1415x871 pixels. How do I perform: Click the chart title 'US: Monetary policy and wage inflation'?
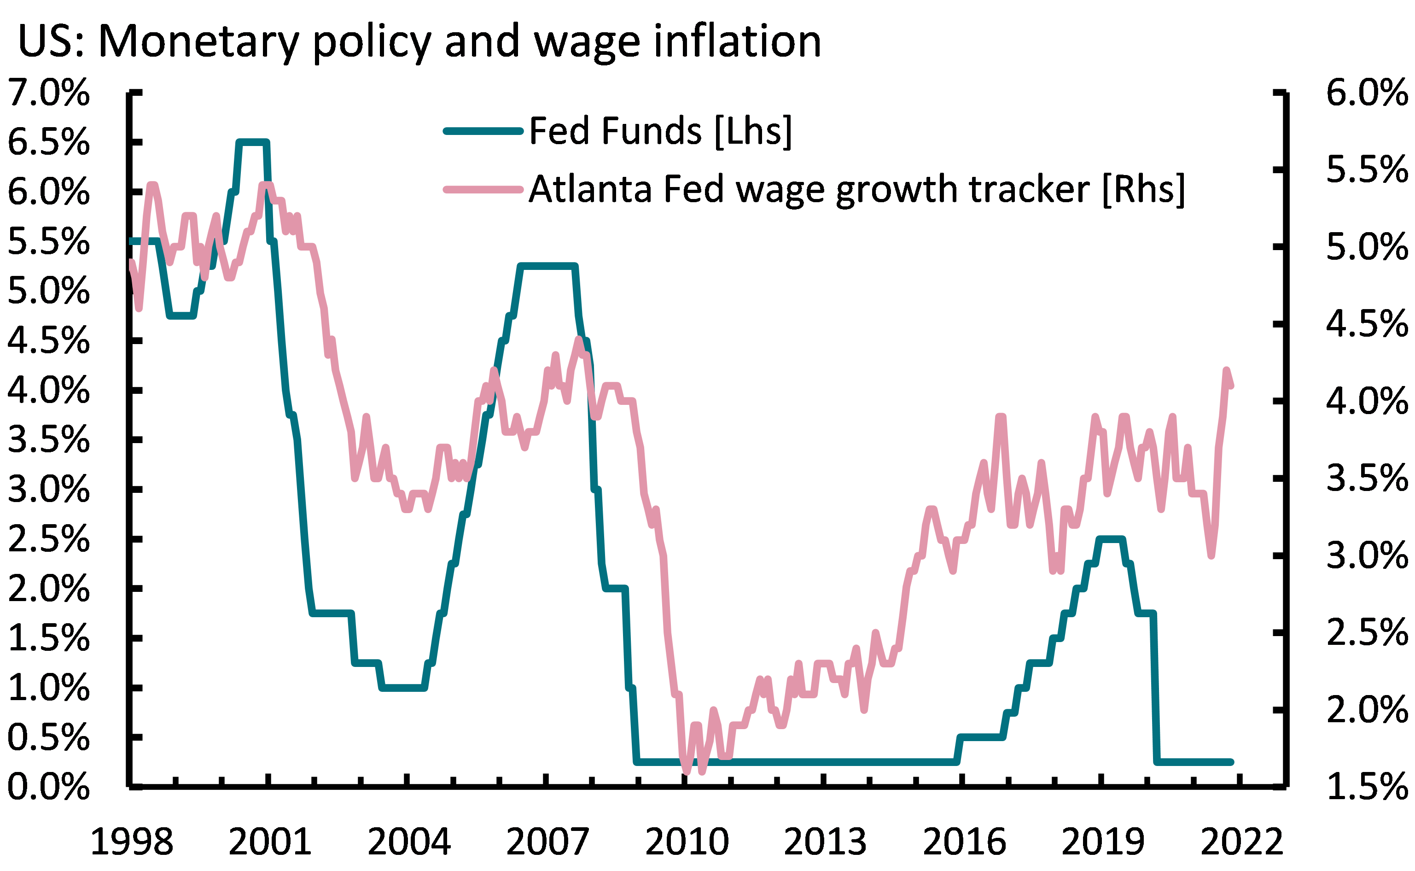pyautogui.click(x=419, y=41)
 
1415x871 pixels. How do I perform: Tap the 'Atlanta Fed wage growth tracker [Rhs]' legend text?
pyautogui.click(x=856, y=189)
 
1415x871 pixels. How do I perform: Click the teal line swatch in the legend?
pyautogui.click(x=483, y=131)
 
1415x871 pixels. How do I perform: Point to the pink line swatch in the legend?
pyautogui.click(x=483, y=189)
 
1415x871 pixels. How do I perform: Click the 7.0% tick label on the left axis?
pyautogui.click(x=49, y=92)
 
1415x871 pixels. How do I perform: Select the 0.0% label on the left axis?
pyautogui.click(x=49, y=787)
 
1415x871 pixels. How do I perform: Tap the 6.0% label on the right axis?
pyautogui.click(x=1367, y=92)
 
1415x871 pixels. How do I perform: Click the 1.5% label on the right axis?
pyautogui.click(x=1367, y=787)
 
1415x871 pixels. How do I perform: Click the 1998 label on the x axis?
pyautogui.click(x=132, y=842)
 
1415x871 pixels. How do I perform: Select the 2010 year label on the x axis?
pyautogui.click(x=687, y=842)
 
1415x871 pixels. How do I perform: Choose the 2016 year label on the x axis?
pyautogui.click(x=964, y=842)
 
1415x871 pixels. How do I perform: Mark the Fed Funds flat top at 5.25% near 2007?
pyautogui.click(x=547, y=266)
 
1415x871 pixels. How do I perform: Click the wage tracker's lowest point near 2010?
pyautogui.click(x=686, y=771)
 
